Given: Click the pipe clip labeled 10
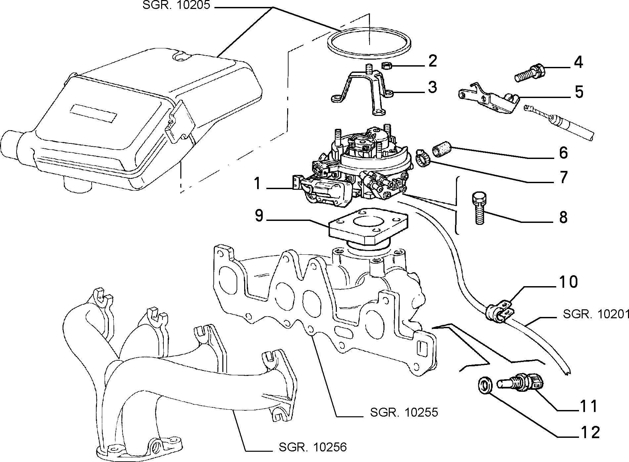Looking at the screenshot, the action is [x=500, y=312].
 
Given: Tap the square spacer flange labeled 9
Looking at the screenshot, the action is [x=368, y=229].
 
